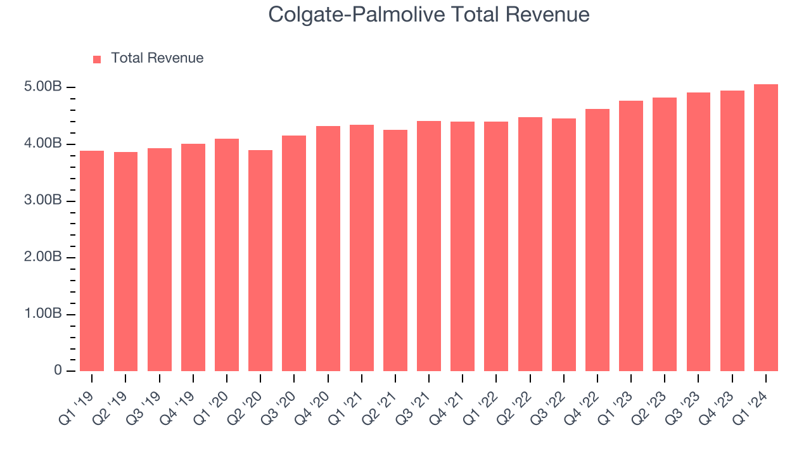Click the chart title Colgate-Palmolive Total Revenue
[429, 14]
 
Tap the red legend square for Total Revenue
[97, 59]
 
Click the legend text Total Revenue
[157, 58]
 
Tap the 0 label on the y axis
[58, 371]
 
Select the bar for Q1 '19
[92, 261]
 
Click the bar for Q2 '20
[260, 261]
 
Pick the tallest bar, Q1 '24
[766, 228]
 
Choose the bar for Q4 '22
[597, 241]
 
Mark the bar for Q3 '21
[429, 246]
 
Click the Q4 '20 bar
[328, 249]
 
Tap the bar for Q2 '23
[665, 234]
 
